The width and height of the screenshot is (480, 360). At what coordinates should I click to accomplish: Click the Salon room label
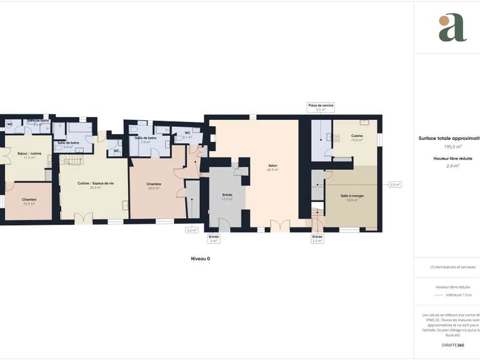pyautogui.click(x=272, y=167)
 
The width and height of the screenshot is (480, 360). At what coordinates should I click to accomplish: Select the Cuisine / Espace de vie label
pyautogui.click(x=95, y=185)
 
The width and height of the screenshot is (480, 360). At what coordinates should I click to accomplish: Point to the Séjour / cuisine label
pyautogui.click(x=29, y=155)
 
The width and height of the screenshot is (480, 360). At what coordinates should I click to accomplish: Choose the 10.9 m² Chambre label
pyautogui.click(x=29, y=201)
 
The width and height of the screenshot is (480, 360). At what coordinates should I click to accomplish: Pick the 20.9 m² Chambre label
pyautogui.click(x=154, y=186)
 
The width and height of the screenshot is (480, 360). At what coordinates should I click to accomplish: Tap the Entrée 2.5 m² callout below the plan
pyautogui.click(x=317, y=238)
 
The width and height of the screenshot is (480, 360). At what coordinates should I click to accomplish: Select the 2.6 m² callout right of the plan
pyautogui.click(x=394, y=184)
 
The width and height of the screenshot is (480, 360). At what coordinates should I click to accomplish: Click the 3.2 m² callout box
pyautogui.click(x=191, y=230)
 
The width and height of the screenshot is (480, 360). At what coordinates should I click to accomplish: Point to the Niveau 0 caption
pyautogui.click(x=200, y=258)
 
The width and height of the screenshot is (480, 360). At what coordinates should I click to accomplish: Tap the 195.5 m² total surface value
pyautogui.click(x=453, y=146)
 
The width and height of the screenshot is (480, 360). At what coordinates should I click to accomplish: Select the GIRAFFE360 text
pyautogui.click(x=452, y=345)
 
